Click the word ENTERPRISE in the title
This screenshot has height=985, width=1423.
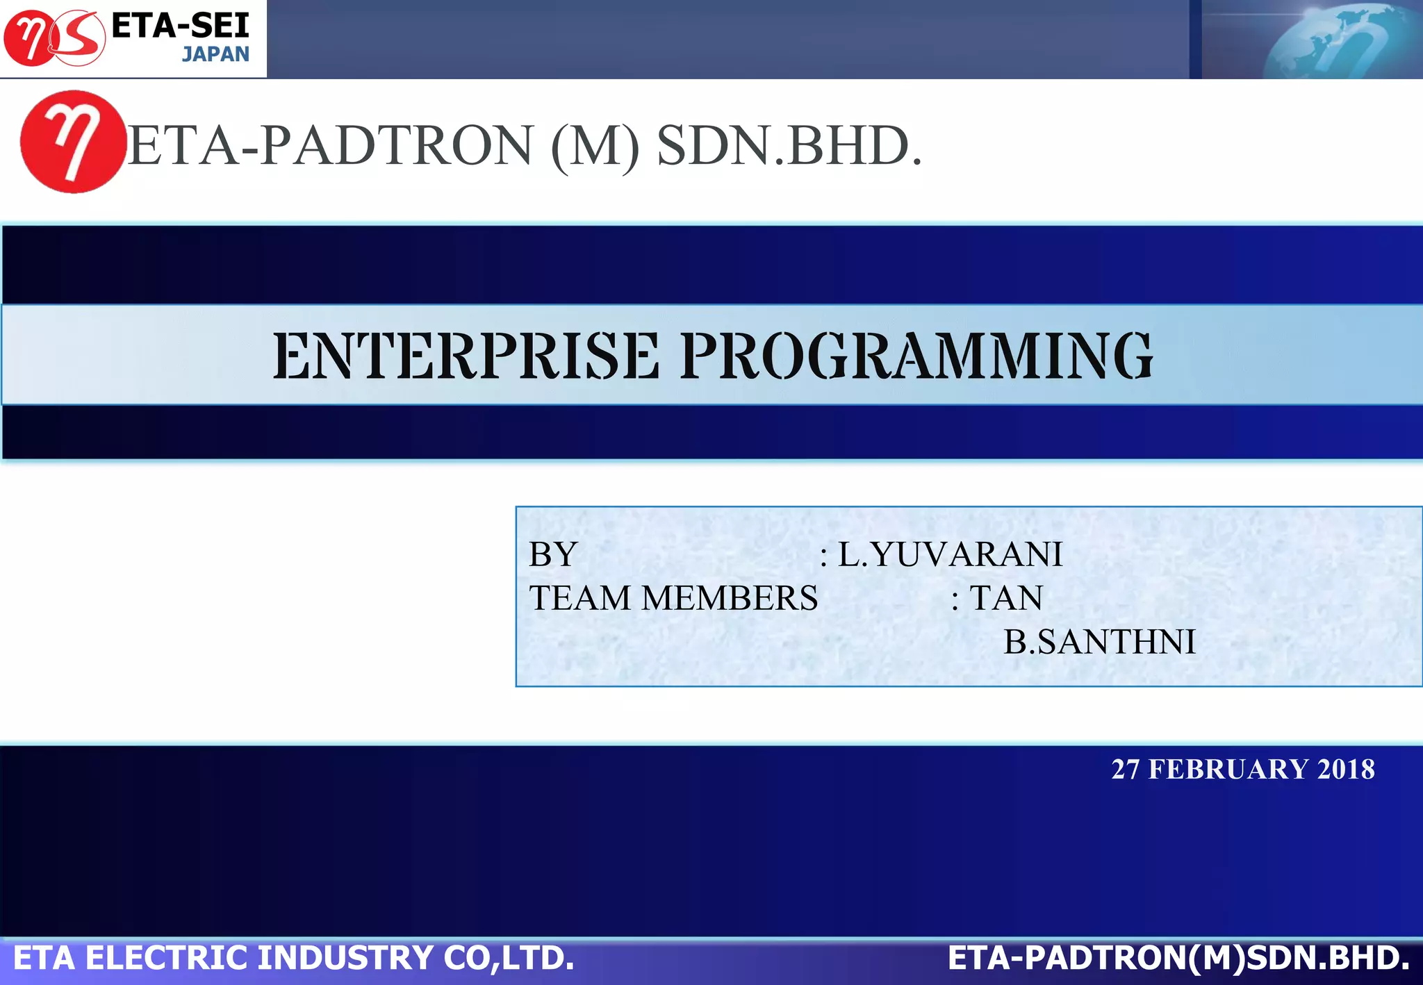(466, 356)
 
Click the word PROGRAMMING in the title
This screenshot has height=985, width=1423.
(916, 356)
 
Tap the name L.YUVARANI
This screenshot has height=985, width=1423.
(950, 554)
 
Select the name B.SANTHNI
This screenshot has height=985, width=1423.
(1099, 642)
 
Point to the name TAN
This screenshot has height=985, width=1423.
(1006, 598)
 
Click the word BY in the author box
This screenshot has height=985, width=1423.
(553, 554)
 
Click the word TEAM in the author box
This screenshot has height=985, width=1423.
(580, 598)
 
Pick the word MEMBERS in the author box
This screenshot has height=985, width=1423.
(730, 598)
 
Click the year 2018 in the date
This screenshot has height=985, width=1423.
(1346, 770)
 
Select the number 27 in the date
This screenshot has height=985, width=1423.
(1125, 770)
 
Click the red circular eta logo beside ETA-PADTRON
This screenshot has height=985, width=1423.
(72, 142)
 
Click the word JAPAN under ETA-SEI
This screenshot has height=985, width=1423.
(215, 54)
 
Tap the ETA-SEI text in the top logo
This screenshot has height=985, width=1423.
(180, 26)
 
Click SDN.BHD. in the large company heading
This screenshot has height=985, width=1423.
(789, 146)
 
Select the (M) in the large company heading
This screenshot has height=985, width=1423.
(595, 146)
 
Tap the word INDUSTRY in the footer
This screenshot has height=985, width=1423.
(347, 958)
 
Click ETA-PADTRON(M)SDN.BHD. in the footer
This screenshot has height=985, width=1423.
(1178, 958)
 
